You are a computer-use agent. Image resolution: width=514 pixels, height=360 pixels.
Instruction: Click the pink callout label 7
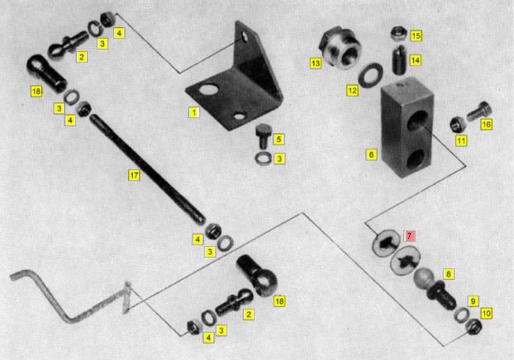pyautogui.click(x=409, y=235)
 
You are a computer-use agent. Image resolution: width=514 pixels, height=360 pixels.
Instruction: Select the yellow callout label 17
pyautogui.click(x=134, y=175)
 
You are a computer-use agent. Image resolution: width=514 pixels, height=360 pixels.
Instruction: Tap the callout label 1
pyautogui.click(x=194, y=112)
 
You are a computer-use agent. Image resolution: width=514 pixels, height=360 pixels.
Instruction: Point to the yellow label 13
pyautogui.click(x=316, y=63)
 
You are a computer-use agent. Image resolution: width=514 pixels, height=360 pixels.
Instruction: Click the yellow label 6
pyautogui.click(x=371, y=154)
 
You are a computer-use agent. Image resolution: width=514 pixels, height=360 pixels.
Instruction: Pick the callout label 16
pyautogui.click(x=487, y=124)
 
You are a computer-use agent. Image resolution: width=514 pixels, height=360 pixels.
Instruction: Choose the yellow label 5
pyautogui.click(x=278, y=140)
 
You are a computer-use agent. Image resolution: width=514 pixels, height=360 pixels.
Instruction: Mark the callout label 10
pyautogui.click(x=487, y=314)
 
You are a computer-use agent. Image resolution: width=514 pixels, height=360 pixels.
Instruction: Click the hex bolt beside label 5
pyautogui.click(x=263, y=136)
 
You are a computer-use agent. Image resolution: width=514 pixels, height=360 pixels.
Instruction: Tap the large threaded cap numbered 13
pyautogui.click(x=340, y=48)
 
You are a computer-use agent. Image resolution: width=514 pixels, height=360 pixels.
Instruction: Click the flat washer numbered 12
pyautogui.click(x=370, y=74)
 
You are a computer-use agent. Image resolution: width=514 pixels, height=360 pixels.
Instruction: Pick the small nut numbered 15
pyautogui.click(x=399, y=34)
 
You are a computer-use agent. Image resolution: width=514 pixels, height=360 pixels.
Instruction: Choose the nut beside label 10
pyautogui.click(x=473, y=327)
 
